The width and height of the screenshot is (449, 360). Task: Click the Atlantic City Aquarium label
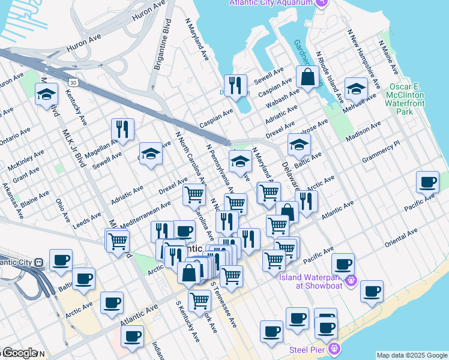click(x=271, y=2)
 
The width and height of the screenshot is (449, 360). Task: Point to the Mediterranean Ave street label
click(x=146, y=214)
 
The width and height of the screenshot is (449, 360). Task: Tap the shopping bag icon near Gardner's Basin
click(x=307, y=78)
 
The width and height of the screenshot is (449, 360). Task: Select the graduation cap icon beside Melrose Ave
click(x=357, y=90)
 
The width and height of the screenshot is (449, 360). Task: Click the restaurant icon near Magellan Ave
click(x=122, y=129)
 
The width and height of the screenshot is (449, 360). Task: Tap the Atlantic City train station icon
click(x=38, y=262)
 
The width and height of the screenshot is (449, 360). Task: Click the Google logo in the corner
click(x=19, y=353)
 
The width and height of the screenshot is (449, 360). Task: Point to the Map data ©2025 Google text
click(x=412, y=355)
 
